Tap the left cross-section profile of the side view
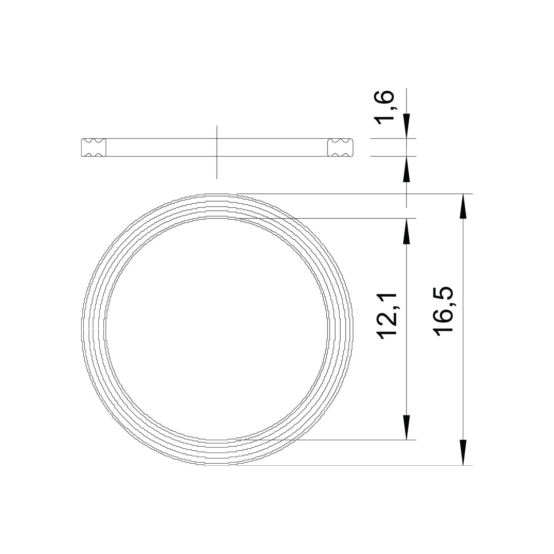(x=93, y=147)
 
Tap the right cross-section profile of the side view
(x=340, y=147)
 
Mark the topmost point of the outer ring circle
(x=217, y=194)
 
